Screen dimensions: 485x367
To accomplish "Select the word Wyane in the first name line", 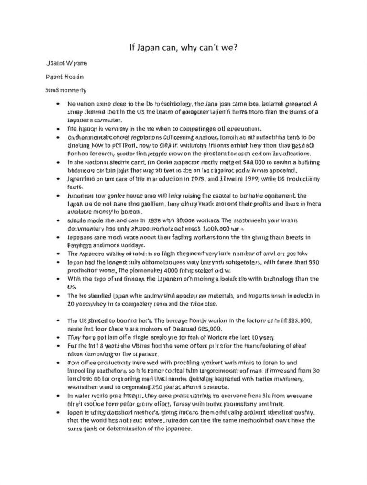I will [x=74, y=63].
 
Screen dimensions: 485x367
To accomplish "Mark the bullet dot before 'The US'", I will [x=58, y=320].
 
